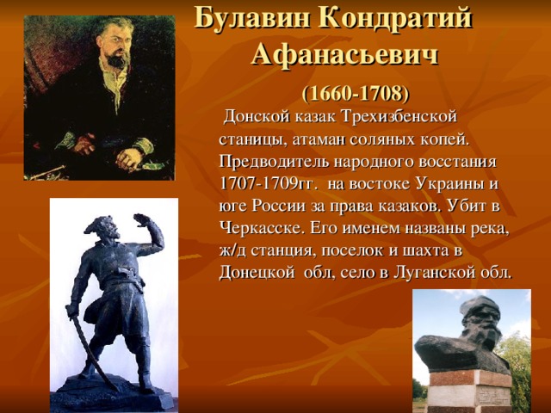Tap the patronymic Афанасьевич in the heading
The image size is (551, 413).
(345, 55)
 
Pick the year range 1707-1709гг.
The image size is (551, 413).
(264, 183)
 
